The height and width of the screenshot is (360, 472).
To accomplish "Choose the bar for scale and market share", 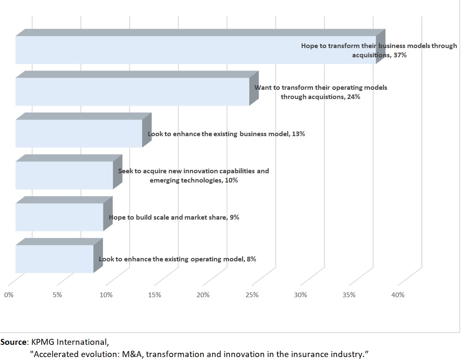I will (59, 217).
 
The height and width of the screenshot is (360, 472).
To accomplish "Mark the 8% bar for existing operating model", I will (54, 259).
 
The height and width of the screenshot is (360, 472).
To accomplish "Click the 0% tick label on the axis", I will (9, 295).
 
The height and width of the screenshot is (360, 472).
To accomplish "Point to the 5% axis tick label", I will (57, 295).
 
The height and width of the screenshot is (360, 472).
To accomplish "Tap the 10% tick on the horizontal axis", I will (106, 295).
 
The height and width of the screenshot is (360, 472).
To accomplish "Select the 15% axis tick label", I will (155, 295).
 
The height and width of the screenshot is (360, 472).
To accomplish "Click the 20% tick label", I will (203, 295).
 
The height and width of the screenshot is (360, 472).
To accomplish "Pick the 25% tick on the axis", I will (252, 295).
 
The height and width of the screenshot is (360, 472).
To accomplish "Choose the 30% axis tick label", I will (301, 295).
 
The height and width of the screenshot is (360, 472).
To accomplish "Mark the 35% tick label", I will (349, 295).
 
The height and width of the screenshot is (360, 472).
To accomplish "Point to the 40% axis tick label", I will (398, 295).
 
